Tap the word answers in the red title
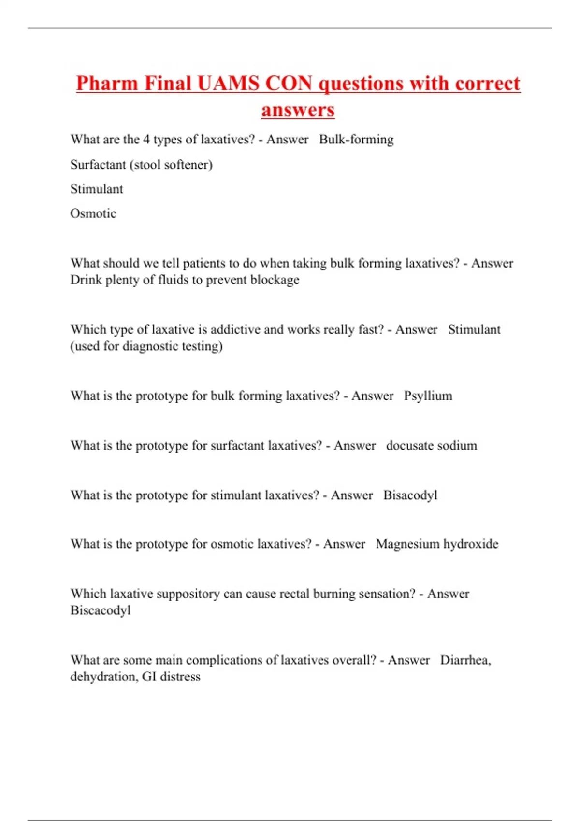tap(298, 110)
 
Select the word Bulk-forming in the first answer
tap(356, 140)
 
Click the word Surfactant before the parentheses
tap(98, 165)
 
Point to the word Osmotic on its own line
tap(93, 213)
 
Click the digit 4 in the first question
tap(146, 140)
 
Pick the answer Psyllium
tap(428, 396)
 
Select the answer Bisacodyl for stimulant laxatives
tap(410, 495)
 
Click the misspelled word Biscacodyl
tap(101, 610)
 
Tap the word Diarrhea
tap(465, 660)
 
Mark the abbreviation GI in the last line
tap(149, 677)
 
